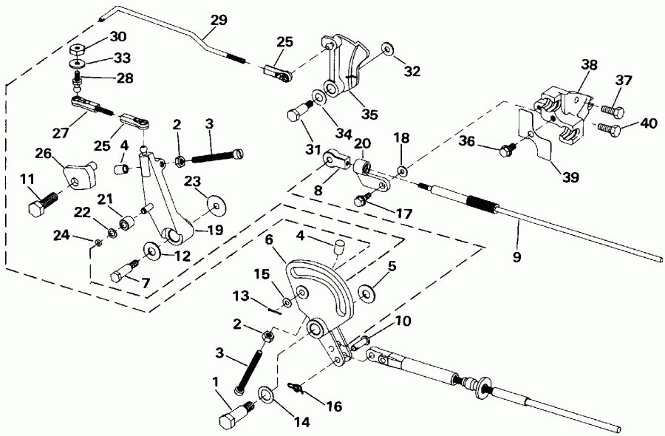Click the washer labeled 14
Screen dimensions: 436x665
click(x=267, y=395)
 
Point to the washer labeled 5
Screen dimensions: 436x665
click(x=366, y=293)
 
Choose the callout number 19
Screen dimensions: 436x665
click(x=214, y=230)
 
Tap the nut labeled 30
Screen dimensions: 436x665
click(x=78, y=51)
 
